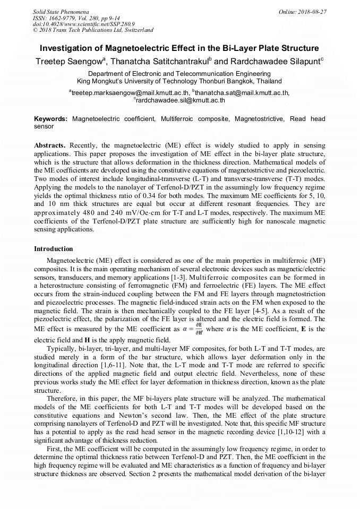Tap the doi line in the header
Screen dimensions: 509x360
pyautogui.click(x=83, y=24)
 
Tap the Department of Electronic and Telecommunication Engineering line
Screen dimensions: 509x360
pyautogui.click(x=179, y=74)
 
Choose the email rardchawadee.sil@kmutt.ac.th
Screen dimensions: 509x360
pyautogui.click(x=181, y=100)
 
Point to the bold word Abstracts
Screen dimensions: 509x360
pyautogui.click(x=50, y=145)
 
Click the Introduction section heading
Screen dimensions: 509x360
pyautogui.click(x=54, y=249)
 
